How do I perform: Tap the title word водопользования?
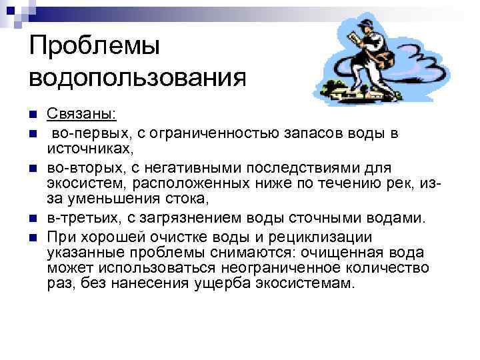point(137,77)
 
